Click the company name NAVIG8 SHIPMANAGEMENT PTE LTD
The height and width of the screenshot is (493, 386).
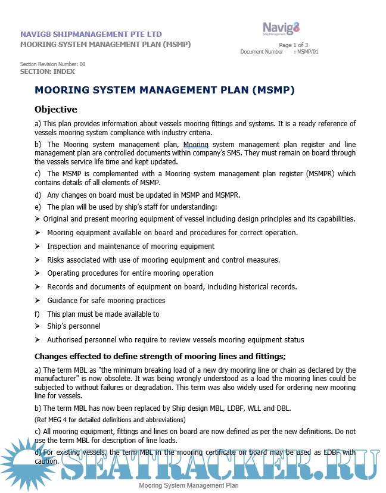point(91,35)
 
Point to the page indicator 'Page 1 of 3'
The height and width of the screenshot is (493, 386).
point(293,45)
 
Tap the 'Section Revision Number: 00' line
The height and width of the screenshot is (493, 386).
point(53,64)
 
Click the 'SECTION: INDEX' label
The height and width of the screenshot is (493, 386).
point(48,71)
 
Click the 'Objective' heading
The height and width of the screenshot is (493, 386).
point(56,110)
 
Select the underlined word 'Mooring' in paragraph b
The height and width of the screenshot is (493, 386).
point(195,145)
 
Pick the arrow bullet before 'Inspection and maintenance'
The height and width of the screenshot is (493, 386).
point(38,246)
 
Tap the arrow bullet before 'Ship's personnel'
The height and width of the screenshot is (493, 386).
point(38,326)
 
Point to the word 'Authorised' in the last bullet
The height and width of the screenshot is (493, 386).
point(67,340)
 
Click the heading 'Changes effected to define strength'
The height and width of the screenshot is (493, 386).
point(160,357)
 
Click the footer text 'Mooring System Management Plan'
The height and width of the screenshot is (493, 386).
point(188,486)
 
